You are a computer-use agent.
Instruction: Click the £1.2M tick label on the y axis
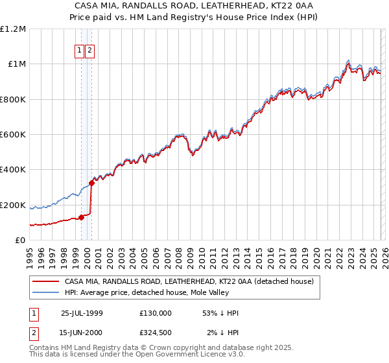(x=13, y=29)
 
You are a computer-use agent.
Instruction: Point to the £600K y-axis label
(x=13, y=135)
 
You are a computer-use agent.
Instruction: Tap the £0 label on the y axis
(x=21, y=240)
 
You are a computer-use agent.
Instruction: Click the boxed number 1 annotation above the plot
(x=79, y=51)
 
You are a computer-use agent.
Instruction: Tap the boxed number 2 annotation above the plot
(x=89, y=51)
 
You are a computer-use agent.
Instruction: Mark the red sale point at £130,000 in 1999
(x=82, y=217)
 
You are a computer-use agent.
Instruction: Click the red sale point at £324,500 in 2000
(x=91, y=183)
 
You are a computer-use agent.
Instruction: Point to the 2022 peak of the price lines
(x=348, y=62)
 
